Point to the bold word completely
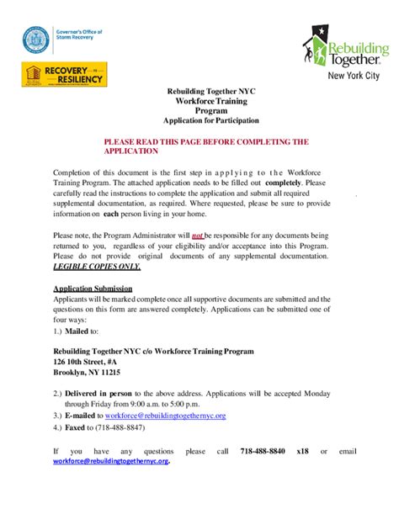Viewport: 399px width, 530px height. coord(283,182)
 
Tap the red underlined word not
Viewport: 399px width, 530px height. coord(197,236)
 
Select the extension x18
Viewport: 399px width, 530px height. coord(302,451)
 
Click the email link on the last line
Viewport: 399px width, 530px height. coord(111,462)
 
